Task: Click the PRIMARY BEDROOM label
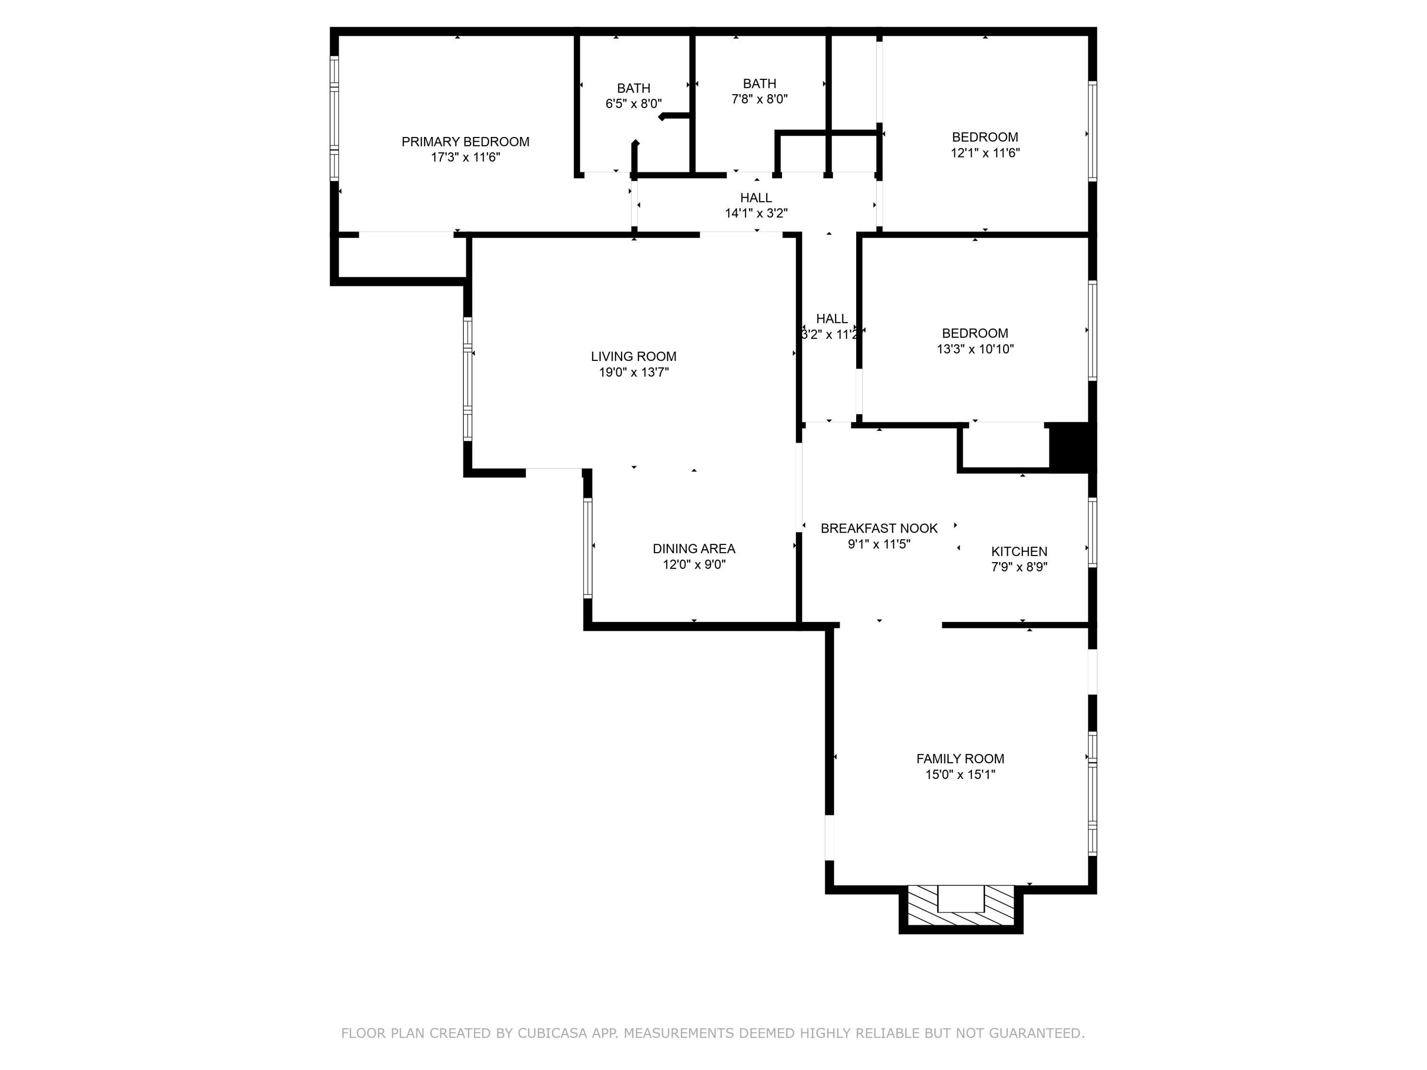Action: click(465, 142)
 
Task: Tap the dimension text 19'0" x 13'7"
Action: click(634, 372)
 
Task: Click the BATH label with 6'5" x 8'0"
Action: click(634, 88)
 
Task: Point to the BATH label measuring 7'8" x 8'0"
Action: click(759, 84)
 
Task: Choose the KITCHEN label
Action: click(1019, 552)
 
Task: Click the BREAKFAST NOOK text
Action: click(879, 528)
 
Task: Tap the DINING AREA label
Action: click(694, 549)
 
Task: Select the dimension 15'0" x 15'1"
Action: click(960, 775)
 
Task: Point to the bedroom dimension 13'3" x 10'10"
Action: click(975, 349)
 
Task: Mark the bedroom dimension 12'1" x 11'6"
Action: click(985, 153)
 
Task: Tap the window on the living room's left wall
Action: click(468, 379)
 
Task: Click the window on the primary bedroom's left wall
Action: click(334, 118)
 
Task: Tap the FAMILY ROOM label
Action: click(960, 759)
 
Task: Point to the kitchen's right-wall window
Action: click(1092, 533)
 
